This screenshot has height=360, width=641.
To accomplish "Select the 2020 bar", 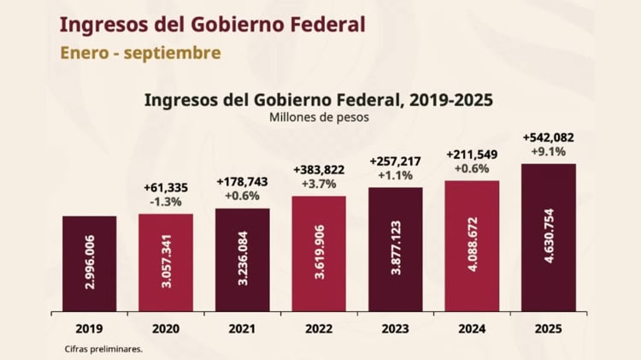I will coord(166,262).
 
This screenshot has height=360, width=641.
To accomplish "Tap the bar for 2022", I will coord(319,253).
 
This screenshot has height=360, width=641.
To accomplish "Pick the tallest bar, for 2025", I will coord(548,237).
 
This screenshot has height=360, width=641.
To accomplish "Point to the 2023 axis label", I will coord(395,328).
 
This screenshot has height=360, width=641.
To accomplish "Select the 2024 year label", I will coord(472,328).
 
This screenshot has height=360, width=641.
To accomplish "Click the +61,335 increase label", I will coord(166,187).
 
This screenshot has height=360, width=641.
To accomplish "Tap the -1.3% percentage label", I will coord(166,202).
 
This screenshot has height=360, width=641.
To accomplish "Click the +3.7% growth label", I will coord(319,184).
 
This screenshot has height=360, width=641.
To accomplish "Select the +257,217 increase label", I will coord(395,161).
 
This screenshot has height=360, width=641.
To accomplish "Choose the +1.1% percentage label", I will coord(395,175).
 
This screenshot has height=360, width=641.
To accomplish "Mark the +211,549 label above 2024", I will coord(472,154).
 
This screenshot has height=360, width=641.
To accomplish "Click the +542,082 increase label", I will coord(548,137).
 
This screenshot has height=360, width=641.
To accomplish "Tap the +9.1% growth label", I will coord(548,151).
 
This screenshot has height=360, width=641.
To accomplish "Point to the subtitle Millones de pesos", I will coord(319,117).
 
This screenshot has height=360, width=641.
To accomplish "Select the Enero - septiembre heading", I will coord(140,53).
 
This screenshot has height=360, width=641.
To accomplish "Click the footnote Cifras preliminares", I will coord(103,349).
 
